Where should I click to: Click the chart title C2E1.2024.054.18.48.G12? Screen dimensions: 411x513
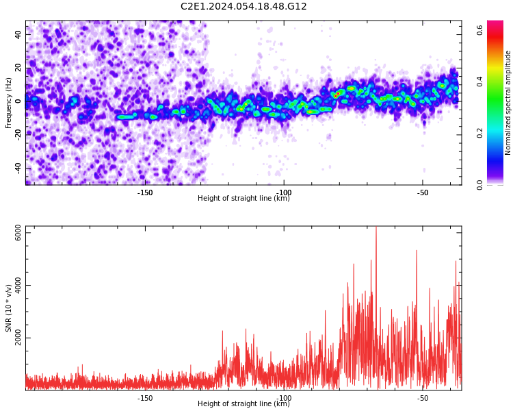(244, 7)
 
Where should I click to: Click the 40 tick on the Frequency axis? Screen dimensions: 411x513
(18, 34)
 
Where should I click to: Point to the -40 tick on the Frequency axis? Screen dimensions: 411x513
(17, 168)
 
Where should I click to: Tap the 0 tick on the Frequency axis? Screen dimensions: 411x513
(21, 101)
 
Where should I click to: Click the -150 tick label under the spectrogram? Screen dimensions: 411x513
(145, 192)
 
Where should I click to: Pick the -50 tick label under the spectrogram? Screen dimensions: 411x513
(423, 192)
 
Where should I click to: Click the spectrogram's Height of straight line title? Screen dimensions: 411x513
(244, 199)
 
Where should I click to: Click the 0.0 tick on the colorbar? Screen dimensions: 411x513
(480, 184)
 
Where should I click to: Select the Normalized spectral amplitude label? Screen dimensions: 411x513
(508, 103)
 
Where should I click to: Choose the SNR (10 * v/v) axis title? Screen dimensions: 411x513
(9, 308)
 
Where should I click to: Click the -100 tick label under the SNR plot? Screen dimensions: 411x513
(284, 398)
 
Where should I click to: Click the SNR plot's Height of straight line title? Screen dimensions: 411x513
(244, 404)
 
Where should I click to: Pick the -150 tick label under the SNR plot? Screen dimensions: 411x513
(145, 398)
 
